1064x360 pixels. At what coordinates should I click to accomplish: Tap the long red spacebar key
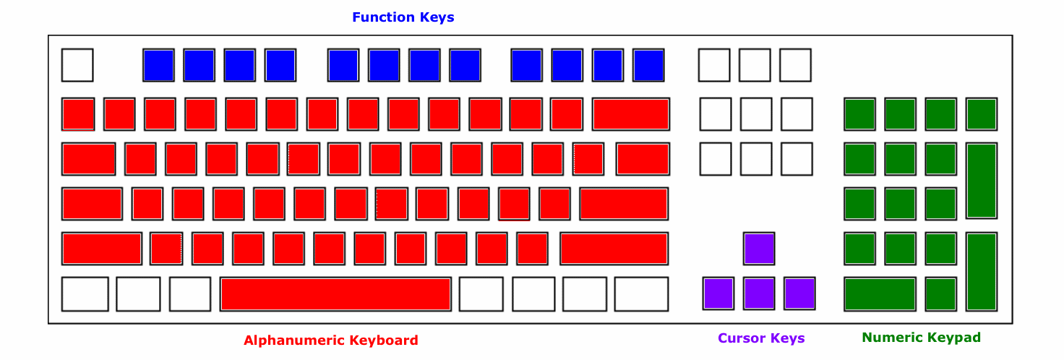[335, 294]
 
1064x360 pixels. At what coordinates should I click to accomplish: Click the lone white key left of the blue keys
[77, 65]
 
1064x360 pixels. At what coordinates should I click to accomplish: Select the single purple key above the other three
[759, 249]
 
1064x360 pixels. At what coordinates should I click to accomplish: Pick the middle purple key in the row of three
[759, 294]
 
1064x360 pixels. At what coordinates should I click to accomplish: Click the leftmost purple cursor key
[718, 294]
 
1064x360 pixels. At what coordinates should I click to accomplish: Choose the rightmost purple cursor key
[800, 294]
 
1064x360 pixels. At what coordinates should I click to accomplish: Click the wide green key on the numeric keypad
[880, 294]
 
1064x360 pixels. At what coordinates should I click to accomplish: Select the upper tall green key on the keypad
[982, 181]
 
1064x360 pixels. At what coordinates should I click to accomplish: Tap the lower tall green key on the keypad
[982, 272]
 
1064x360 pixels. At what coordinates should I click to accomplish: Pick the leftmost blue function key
[158, 65]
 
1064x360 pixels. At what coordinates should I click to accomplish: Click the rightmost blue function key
[648, 65]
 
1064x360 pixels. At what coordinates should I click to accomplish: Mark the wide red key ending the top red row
[631, 114]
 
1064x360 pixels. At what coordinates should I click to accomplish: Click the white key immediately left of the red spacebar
[190, 294]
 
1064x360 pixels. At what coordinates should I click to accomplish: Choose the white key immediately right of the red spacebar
[481, 294]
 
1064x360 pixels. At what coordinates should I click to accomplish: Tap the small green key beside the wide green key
[940, 294]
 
